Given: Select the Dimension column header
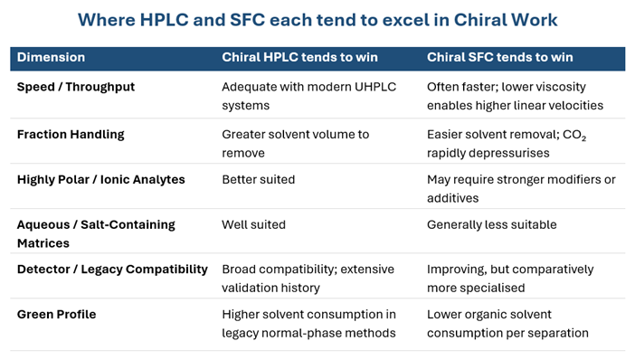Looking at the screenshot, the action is point(51,57).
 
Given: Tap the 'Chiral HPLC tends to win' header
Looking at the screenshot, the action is point(299,57).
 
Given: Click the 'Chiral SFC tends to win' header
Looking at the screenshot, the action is point(499,57).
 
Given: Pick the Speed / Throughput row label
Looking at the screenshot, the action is point(76,87).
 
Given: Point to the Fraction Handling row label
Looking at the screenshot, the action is point(71,135).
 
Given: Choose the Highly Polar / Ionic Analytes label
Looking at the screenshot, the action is point(100,179).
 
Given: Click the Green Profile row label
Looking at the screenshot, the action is point(56,314).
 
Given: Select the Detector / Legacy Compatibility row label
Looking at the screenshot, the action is point(112,270).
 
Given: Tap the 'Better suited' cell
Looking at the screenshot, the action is point(259,179).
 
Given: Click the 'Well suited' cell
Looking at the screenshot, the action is point(253,224).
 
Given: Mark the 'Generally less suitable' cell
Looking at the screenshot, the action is point(492,224).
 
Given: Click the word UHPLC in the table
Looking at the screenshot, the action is point(375,87).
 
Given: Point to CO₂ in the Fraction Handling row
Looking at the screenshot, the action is point(574,135).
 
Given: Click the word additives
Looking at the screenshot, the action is point(453,198).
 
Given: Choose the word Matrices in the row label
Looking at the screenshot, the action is point(43,243).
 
